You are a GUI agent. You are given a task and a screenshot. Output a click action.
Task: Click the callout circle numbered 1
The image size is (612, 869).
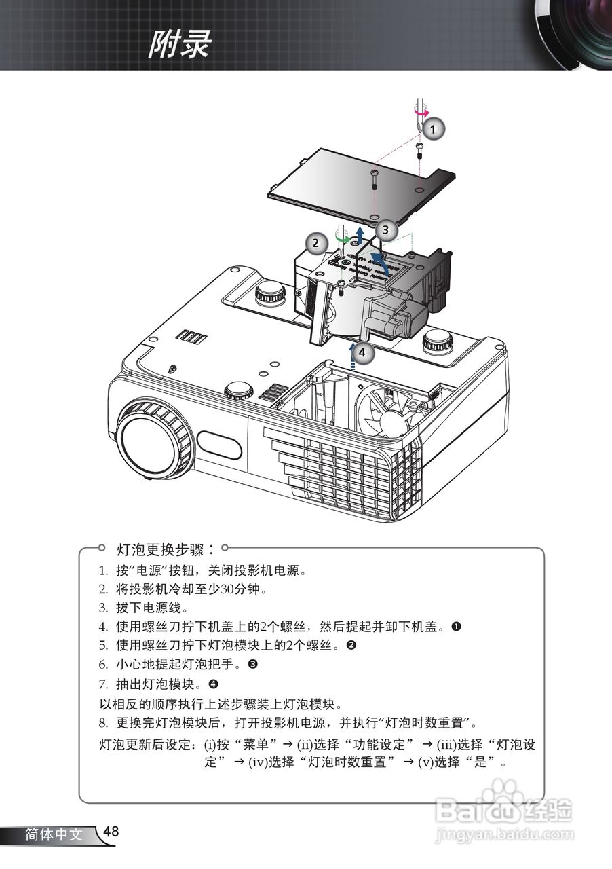point(434,127)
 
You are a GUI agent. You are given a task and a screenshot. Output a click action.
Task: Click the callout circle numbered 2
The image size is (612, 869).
point(314,242)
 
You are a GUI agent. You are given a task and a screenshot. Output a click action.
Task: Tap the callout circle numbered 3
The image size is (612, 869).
point(385,229)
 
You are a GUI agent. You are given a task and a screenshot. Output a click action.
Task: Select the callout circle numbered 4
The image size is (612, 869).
point(363,352)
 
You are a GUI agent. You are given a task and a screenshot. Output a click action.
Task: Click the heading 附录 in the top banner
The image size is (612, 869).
point(179,45)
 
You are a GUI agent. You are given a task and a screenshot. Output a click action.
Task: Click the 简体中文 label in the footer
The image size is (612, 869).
point(54,834)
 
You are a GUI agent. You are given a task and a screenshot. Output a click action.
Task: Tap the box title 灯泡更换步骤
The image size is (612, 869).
point(161,548)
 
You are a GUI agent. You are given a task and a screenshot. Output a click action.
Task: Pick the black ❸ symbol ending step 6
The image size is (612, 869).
point(252,664)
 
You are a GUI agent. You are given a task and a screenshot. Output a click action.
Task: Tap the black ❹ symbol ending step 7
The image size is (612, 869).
point(213,683)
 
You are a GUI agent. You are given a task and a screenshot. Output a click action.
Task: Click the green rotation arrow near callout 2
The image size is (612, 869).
point(343,240)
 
